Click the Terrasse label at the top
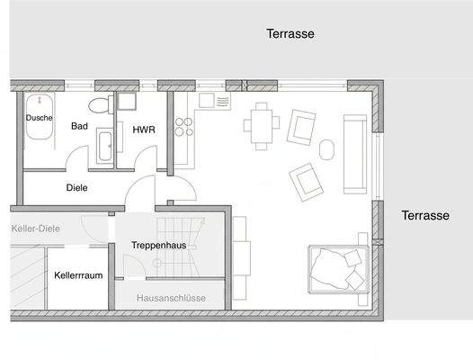pyautogui.click(x=290, y=34)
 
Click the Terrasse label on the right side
pyautogui.click(x=424, y=216)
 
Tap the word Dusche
pyautogui.click(x=39, y=118)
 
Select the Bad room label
pyautogui.click(x=79, y=127)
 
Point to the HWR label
pyautogui.click(x=143, y=130)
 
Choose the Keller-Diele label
pyautogui.click(x=35, y=229)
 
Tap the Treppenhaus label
pyautogui.click(x=157, y=245)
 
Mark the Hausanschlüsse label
pyautogui.click(x=171, y=298)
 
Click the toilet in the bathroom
pyautogui.click(x=106, y=105)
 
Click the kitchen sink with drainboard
pyautogui.click(x=214, y=100)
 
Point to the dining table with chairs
pyautogui.click(x=262, y=125)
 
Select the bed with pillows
pyautogui.click(x=338, y=267)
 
